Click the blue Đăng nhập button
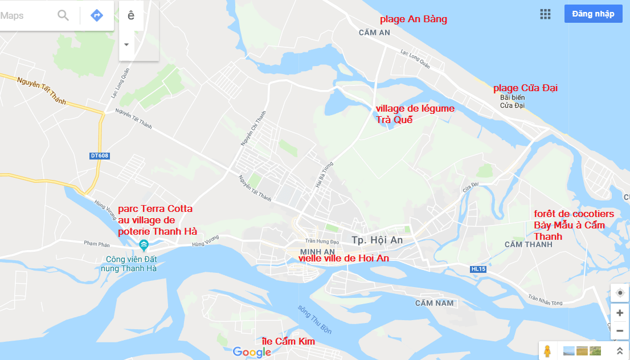[x=593, y=14]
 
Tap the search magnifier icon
[x=63, y=15]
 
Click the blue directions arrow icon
[x=97, y=15]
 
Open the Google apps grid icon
[x=546, y=14]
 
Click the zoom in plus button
[x=620, y=313]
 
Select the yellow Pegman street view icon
[x=547, y=351]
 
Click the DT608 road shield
[x=99, y=155]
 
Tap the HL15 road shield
[x=478, y=269]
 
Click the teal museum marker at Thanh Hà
[x=144, y=246]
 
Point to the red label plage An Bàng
[x=414, y=19]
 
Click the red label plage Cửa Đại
[x=525, y=88]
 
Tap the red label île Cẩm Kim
[x=288, y=341]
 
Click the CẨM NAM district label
[x=435, y=303]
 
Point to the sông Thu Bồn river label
[x=315, y=320]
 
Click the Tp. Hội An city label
[x=377, y=240]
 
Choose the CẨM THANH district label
[x=529, y=244]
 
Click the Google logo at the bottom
[x=252, y=352]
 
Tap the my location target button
[x=620, y=293]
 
